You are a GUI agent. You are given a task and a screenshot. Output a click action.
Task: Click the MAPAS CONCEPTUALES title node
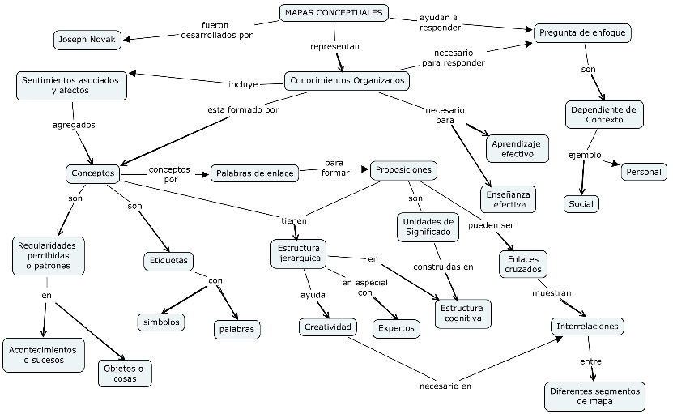tap(334, 12)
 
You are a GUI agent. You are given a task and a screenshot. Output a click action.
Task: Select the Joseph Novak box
tap(87, 40)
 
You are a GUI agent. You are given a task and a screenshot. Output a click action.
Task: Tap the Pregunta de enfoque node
tap(582, 32)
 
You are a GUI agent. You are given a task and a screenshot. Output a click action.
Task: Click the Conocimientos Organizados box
tap(347, 80)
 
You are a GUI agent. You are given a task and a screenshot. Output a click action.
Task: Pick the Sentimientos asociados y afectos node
tap(71, 85)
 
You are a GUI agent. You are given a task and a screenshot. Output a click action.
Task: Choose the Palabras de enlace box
tap(254, 173)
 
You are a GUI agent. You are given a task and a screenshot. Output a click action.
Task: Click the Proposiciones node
tap(403, 170)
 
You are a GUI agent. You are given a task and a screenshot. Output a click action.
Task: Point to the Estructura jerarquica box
tap(299, 254)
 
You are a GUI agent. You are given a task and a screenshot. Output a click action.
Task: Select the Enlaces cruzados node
tap(523, 264)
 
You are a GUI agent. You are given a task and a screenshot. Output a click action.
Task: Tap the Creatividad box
tap(328, 327)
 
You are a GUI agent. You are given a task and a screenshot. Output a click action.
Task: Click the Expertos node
tap(396, 329)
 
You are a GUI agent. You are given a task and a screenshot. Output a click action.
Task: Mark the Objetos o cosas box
tap(125, 373)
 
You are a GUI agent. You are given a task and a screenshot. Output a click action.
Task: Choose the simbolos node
tap(161, 322)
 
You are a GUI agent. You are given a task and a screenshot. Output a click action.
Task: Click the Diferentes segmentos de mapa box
tap(594, 396)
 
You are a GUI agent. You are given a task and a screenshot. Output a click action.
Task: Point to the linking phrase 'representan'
tap(334, 46)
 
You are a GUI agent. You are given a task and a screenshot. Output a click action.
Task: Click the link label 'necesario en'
tap(445, 386)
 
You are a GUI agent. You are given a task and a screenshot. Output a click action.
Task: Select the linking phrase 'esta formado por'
tap(243, 109)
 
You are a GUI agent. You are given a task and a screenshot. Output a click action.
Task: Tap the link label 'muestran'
tap(552, 293)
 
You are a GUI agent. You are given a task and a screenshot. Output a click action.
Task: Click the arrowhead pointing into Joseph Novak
tap(126, 40)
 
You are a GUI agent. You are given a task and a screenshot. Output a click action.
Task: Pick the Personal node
tap(644, 172)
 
